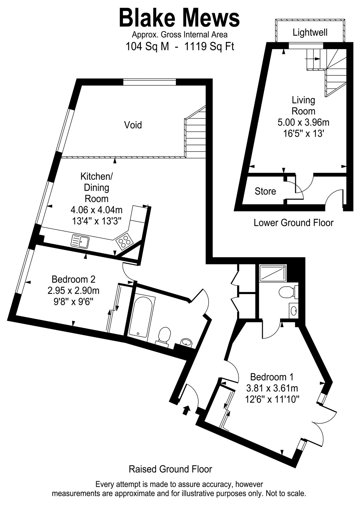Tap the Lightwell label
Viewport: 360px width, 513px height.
[x=310, y=32]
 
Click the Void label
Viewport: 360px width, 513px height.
[x=133, y=125]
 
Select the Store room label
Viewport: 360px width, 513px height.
[x=265, y=191]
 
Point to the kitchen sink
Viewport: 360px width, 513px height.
[x=81, y=241]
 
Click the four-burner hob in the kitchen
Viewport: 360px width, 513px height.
[x=124, y=241]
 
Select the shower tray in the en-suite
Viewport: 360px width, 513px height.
[x=273, y=273]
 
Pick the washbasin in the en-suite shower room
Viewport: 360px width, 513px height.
[x=293, y=311]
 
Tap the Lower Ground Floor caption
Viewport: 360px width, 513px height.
[x=293, y=223]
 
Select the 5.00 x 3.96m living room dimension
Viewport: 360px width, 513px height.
[x=304, y=122]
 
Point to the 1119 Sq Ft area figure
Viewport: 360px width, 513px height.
[x=209, y=47]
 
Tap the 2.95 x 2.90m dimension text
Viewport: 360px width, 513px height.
[x=73, y=291]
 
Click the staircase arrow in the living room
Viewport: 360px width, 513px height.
[x=312, y=59]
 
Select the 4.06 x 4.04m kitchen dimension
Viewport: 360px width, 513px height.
[x=97, y=210]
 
